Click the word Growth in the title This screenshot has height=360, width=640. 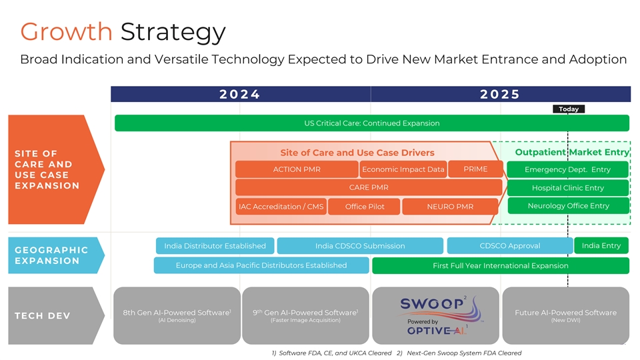point(66,31)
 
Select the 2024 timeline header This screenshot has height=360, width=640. point(240,94)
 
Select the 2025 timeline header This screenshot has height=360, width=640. point(500,94)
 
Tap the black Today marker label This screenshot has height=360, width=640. point(568,109)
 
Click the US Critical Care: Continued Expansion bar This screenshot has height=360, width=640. point(371,123)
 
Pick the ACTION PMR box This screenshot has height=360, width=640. point(297,169)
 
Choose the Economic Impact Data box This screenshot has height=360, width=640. point(403,169)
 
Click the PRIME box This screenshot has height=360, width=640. point(475,169)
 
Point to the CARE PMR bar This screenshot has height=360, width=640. point(368,187)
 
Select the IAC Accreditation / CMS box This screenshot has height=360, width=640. point(281,207)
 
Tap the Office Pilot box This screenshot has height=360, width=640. point(365,207)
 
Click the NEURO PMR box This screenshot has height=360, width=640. point(449,207)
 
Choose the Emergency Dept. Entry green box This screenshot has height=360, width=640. point(567,169)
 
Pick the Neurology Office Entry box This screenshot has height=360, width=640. point(568,206)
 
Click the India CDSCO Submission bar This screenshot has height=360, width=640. point(360,246)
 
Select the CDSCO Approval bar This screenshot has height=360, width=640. point(509,246)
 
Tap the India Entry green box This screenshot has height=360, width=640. point(601,246)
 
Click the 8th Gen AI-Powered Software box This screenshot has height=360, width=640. point(177,315)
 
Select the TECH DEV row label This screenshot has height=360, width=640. point(42,315)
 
